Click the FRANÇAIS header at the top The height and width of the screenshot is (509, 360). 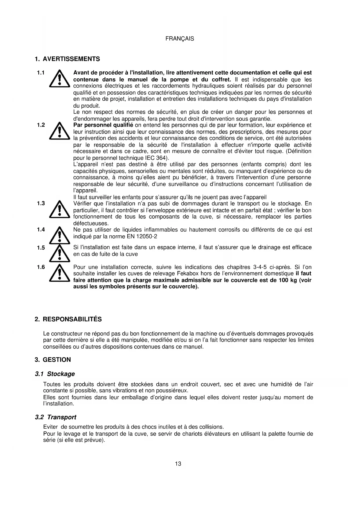click(x=180, y=39)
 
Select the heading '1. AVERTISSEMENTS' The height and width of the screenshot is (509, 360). click(x=67, y=59)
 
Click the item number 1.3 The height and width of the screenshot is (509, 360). click(x=41, y=203)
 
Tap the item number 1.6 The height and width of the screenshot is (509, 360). click(x=41, y=267)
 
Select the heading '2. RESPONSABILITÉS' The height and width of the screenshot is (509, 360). click(x=68, y=319)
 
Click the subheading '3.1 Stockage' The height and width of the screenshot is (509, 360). click(x=55, y=374)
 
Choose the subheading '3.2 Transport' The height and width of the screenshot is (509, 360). click(x=55, y=417)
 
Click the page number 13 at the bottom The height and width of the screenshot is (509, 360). click(x=178, y=464)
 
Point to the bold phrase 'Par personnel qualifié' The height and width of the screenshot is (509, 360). click(x=103, y=125)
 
